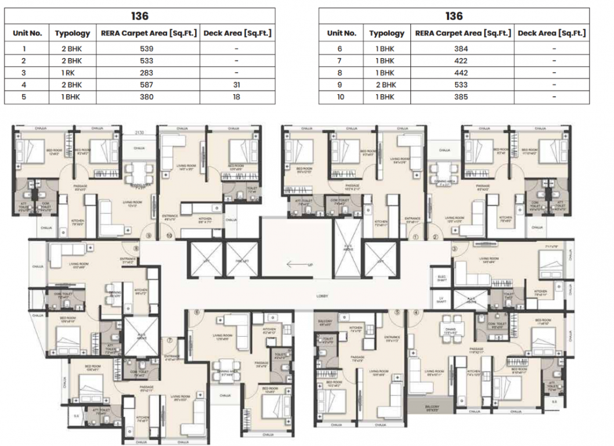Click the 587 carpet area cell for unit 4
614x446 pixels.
pos(146,85)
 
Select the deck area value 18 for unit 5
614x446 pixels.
pos(237,97)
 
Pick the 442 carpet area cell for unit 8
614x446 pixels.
pos(461,73)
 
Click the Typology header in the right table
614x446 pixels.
pos(387,33)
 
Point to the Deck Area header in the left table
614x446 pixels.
pos(237,33)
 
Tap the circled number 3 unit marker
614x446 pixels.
pos(454,249)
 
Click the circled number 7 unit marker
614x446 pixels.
pos(170,341)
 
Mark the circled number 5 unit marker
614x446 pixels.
pos(398,312)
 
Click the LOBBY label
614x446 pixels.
pos(323,296)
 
